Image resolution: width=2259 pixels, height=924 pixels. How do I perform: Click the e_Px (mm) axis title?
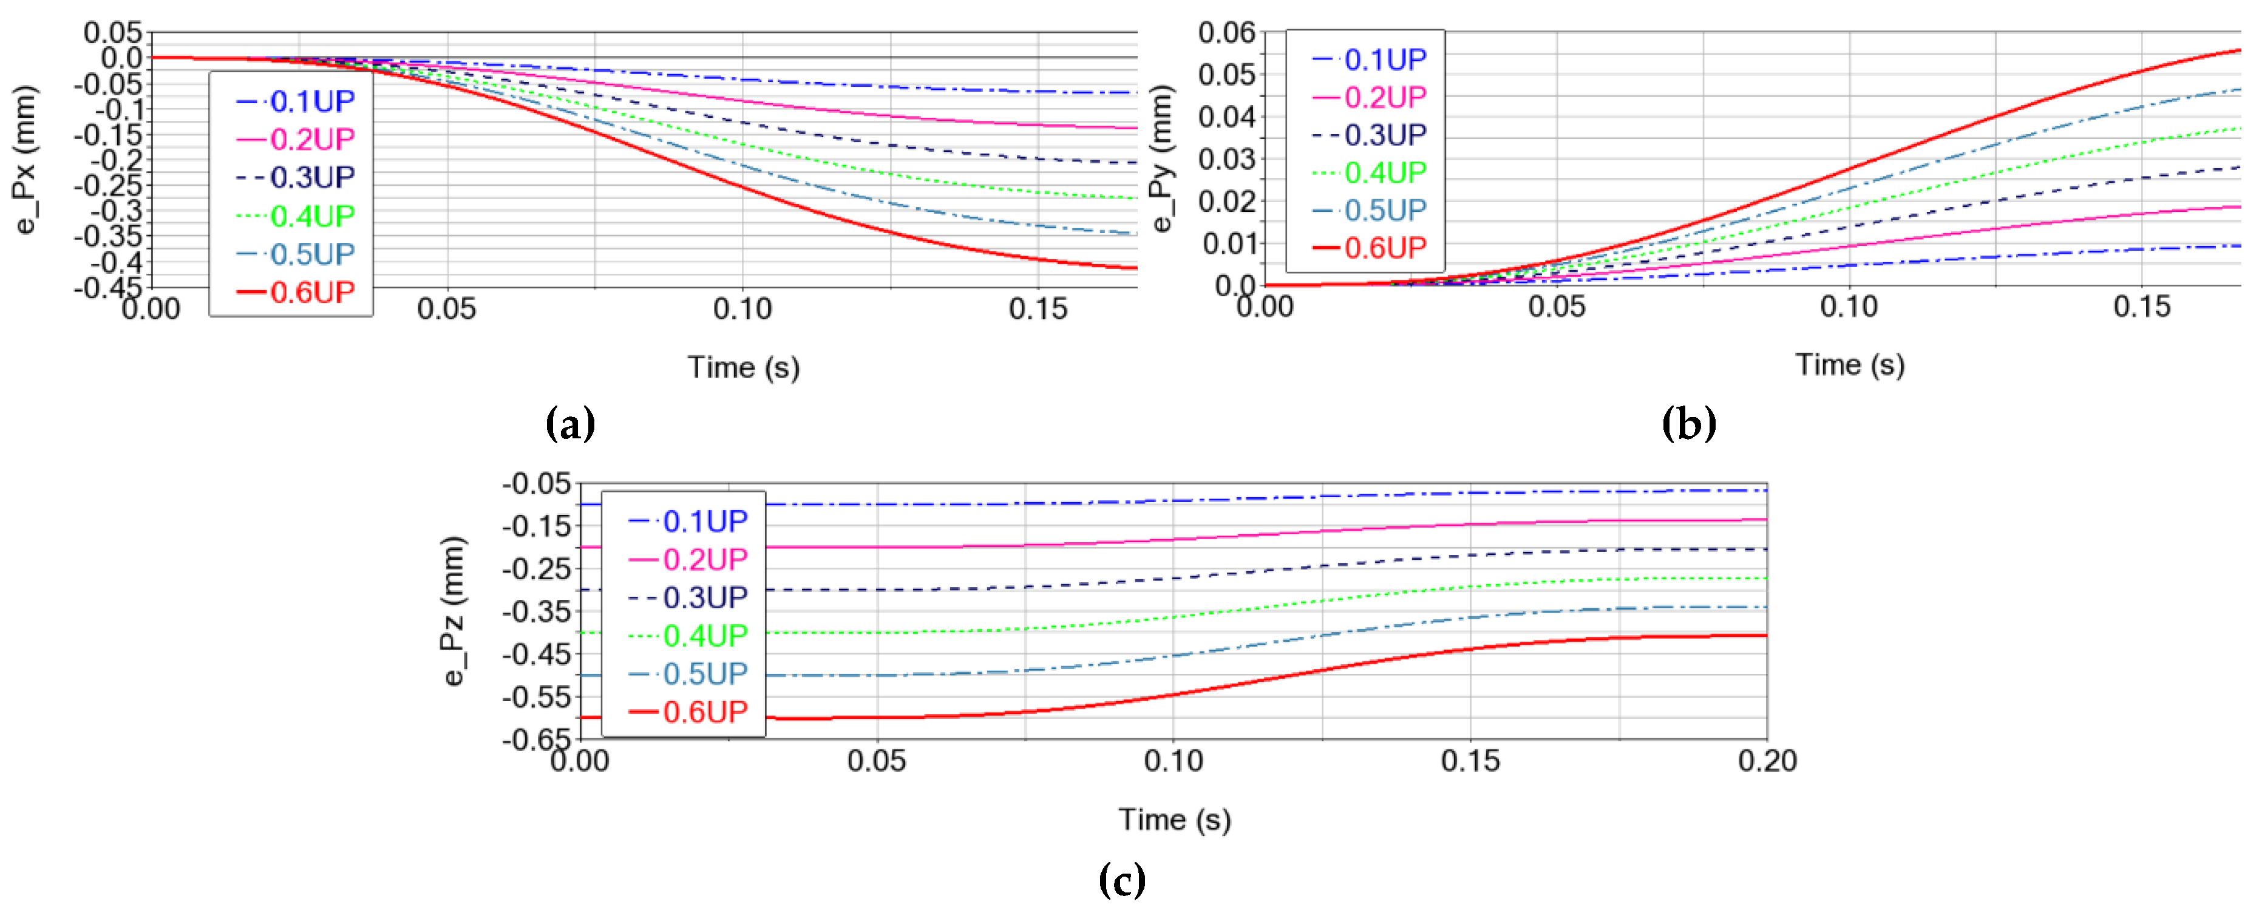(x=26, y=160)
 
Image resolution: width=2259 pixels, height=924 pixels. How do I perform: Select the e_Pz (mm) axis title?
(x=453, y=611)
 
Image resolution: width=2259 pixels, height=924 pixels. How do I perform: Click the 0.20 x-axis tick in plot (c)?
(x=1767, y=760)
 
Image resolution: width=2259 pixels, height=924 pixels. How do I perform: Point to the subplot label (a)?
(x=570, y=424)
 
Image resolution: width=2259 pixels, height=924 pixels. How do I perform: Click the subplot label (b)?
(x=1688, y=424)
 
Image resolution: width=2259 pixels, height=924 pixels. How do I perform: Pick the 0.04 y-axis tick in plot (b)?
(x=1227, y=117)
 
